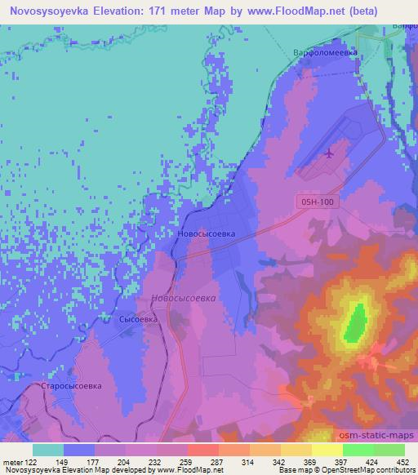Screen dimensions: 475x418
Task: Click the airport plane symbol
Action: coord(329,153)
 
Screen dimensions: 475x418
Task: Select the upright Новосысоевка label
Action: coord(206,233)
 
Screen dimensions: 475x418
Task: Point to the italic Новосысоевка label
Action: coord(184,298)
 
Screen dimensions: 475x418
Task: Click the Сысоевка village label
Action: coord(138,320)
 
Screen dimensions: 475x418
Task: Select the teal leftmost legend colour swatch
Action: coord(48,450)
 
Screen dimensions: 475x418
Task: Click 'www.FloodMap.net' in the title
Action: coord(278,11)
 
